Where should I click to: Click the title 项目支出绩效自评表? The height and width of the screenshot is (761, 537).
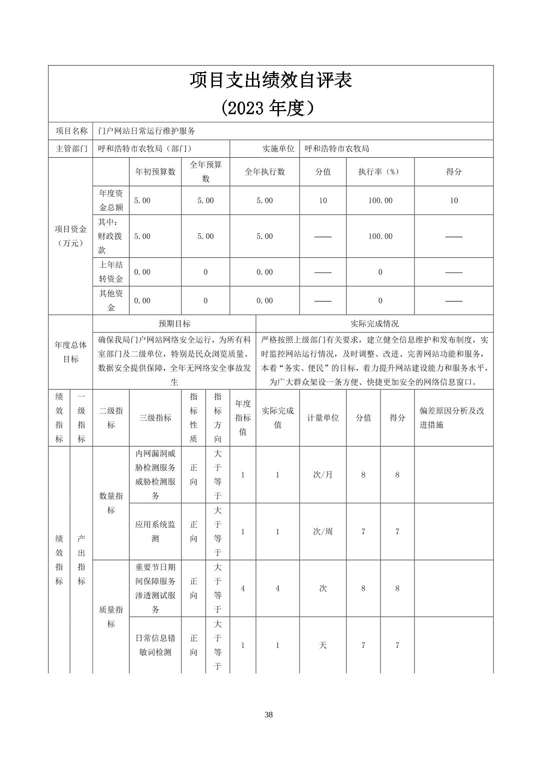click(270, 80)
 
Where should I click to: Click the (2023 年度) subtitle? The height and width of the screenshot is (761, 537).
click(270, 108)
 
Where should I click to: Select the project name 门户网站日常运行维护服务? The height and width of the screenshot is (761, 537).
click(146, 131)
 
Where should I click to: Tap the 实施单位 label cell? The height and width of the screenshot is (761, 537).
click(278, 149)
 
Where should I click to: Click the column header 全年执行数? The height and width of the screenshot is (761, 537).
click(264, 172)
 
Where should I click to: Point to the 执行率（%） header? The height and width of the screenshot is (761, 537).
click(380, 172)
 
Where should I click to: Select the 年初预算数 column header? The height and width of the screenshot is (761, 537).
click(155, 172)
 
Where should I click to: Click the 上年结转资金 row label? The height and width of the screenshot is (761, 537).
click(111, 272)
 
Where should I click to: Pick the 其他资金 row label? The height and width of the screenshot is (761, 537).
click(111, 300)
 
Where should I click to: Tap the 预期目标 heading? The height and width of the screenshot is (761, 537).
click(174, 324)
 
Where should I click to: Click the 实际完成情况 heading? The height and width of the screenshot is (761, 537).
click(374, 324)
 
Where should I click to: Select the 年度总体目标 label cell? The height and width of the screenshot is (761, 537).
click(70, 352)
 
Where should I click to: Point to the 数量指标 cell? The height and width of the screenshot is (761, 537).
click(111, 503)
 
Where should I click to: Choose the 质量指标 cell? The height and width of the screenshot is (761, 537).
click(111, 616)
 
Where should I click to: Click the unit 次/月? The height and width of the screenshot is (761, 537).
click(322, 475)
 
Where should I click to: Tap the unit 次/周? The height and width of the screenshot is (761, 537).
click(322, 531)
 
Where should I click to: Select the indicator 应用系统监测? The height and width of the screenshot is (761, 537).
click(155, 531)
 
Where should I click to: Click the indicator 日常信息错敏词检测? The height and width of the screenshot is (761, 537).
click(155, 645)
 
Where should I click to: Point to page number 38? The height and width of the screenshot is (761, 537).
click(268, 714)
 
